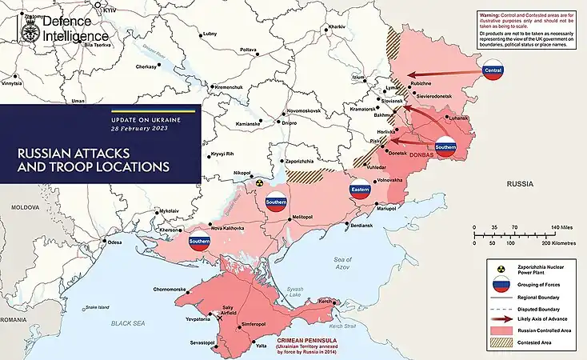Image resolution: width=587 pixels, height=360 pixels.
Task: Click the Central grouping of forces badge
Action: [493, 72]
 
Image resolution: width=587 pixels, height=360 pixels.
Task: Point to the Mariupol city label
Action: [387, 209]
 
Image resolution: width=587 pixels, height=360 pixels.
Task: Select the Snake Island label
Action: [98, 306]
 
